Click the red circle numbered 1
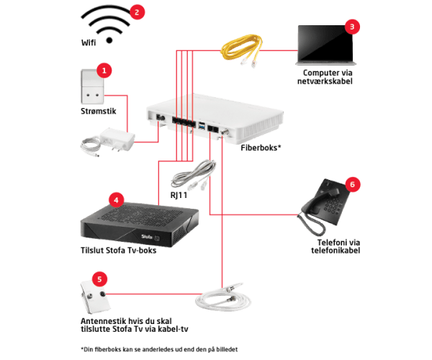(x=105, y=71)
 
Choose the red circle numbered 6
(x=351, y=184)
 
